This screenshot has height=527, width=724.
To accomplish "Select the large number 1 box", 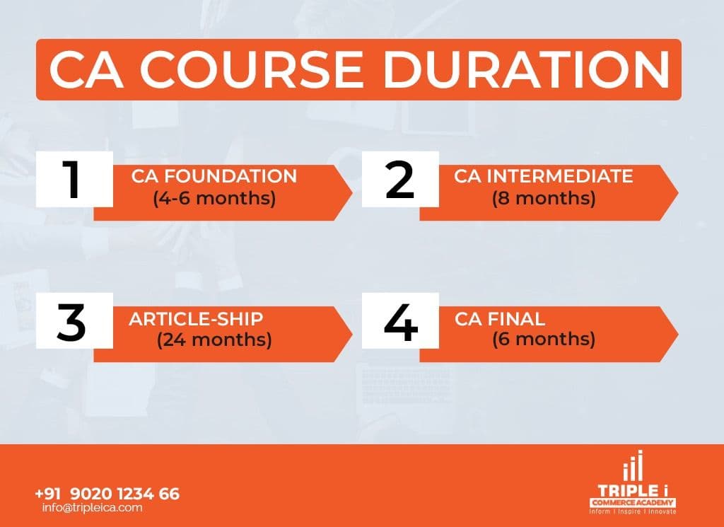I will (x=74, y=180).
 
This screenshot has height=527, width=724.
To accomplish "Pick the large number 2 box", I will (x=400, y=180).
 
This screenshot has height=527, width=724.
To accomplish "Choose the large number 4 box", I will (x=400, y=320).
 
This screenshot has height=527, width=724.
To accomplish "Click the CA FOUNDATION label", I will (x=214, y=176).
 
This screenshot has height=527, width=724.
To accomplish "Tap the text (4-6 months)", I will (x=214, y=198).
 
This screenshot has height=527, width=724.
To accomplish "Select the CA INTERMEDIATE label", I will (x=544, y=176).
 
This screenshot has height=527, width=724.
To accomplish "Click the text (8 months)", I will (x=544, y=198).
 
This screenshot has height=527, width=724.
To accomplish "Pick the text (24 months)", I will (x=214, y=340).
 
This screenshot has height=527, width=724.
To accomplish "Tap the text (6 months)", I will (x=544, y=340).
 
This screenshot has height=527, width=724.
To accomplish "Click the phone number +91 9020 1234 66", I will (x=107, y=493).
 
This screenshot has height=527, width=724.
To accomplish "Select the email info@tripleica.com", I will (x=92, y=507).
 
